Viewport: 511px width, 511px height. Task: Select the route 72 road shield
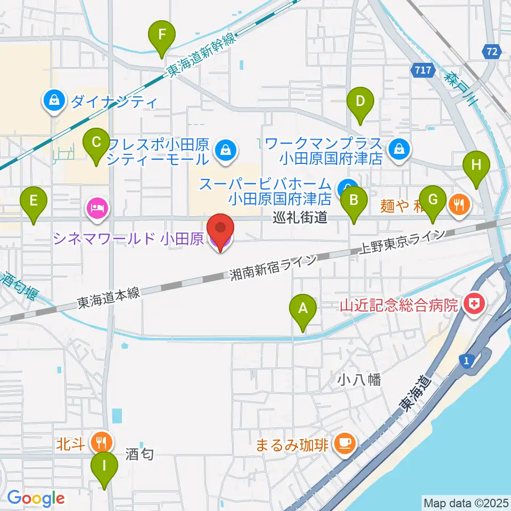point(492,52)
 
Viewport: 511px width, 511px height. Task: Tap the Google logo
point(36,499)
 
